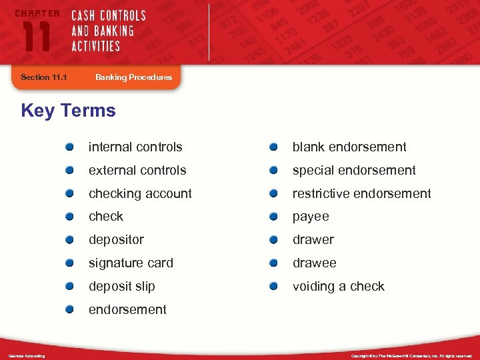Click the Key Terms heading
[x=68, y=111]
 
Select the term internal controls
[x=135, y=147]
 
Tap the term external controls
[x=137, y=171]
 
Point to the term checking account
[x=140, y=194]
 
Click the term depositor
[x=116, y=240]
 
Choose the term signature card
[x=131, y=263]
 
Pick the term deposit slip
[x=122, y=287]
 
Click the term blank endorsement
[x=349, y=147]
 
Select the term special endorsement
[x=354, y=171]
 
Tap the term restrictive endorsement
[x=362, y=194]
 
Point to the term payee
[x=311, y=217]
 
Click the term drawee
[x=315, y=263]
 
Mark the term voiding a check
[x=339, y=287]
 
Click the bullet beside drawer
[x=274, y=239]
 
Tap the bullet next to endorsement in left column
[x=70, y=309]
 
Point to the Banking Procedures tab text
[x=133, y=77]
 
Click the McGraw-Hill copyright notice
[x=411, y=356]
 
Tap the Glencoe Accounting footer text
[x=27, y=356]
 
